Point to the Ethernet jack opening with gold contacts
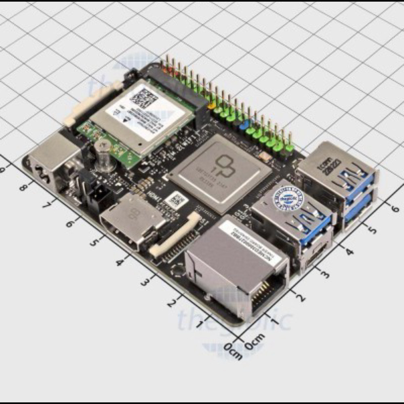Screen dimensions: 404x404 tap(265, 293)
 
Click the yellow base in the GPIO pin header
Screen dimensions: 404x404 tap(211, 106)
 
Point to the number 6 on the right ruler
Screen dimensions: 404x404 tap(395, 208)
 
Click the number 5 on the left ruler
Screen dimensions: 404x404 tap(94, 242)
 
